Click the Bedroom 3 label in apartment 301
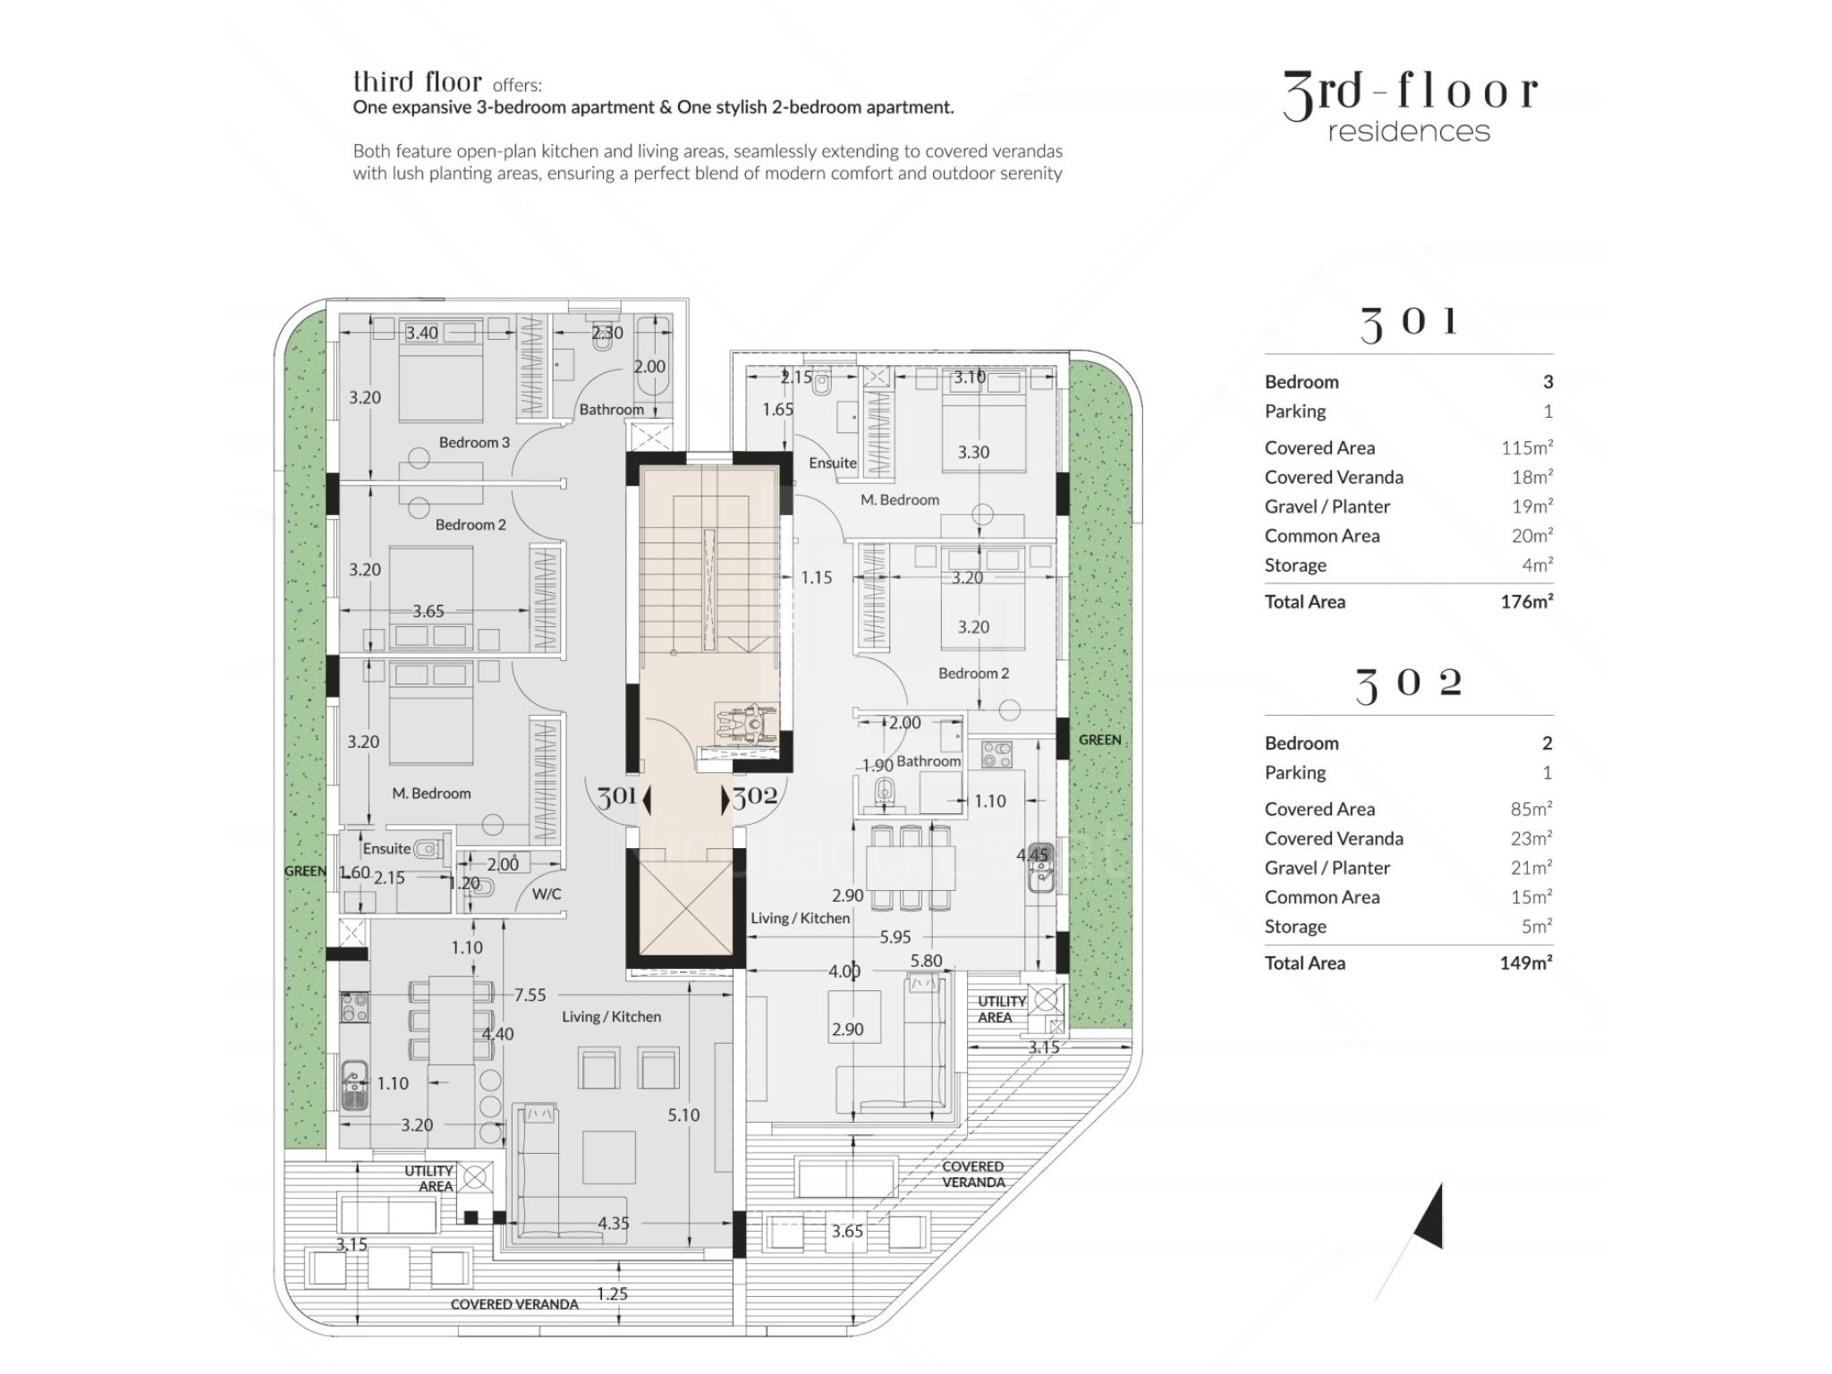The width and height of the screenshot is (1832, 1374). (474, 442)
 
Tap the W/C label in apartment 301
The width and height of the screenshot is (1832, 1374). (546, 894)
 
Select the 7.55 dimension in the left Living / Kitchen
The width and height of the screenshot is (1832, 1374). (530, 995)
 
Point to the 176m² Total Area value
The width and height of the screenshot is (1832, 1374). (1526, 602)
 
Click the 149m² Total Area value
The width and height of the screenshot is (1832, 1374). (1525, 963)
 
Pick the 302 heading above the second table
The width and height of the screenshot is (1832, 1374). (1409, 685)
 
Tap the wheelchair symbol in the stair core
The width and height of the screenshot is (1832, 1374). (746, 722)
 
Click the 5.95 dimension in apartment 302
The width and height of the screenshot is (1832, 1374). (895, 937)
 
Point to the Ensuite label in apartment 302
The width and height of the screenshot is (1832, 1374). (832, 462)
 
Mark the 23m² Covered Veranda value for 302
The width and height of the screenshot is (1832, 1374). (1531, 839)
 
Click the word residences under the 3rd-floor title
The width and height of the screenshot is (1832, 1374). (1409, 132)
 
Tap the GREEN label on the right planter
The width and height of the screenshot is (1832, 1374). (1099, 740)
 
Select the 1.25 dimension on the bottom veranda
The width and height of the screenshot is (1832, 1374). (612, 1293)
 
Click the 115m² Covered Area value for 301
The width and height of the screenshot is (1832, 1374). (1527, 448)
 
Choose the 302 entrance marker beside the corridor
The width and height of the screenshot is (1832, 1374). (751, 796)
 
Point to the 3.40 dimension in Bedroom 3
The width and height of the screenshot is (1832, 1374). (421, 333)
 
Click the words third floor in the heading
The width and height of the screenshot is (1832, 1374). (417, 82)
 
